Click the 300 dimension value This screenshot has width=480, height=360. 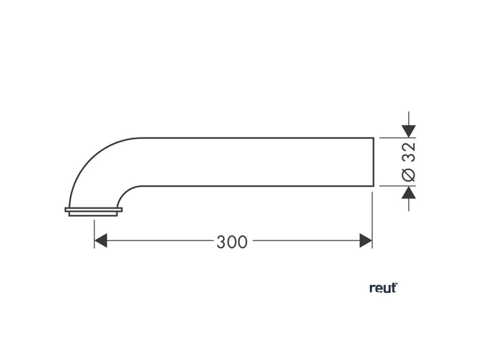pyautogui.click(x=232, y=242)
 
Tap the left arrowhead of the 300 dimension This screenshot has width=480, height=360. pyautogui.click(x=101, y=241)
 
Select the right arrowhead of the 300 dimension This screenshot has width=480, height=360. pyautogui.click(x=366, y=241)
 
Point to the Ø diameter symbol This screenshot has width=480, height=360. pyautogui.click(x=409, y=174)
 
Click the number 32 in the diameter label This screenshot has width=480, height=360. pyautogui.click(x=409, y=152)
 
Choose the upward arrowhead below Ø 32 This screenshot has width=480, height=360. pyautogui.click(x=409, y=192)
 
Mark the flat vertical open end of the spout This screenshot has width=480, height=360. pyautogui.click(x=374, y=162)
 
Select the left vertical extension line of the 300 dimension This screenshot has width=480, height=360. pyautogui.click(x=94, y=232)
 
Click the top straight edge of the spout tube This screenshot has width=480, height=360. pyautogui.click(x=258, y=138)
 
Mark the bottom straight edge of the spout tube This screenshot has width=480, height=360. pyautogui.click(x=258, y=186)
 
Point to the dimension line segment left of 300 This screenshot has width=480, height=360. pyautogui.click(x=159, y=241)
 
